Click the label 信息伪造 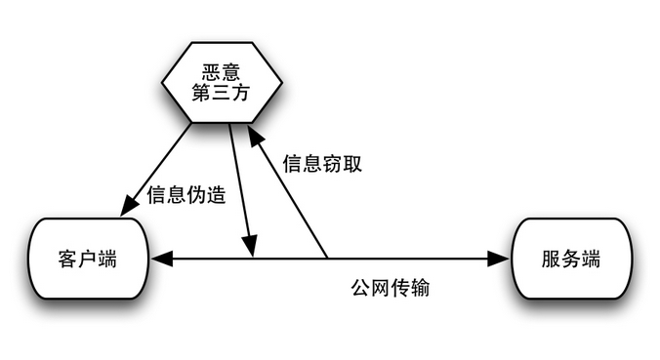click(x=186, y=195)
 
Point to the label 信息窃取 click(x=322, y=164)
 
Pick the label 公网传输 click(x=391, y=289)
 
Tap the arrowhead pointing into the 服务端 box click(x=499, y=259)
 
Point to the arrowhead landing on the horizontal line click(x=250, y=247)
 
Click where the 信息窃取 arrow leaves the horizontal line click(x=326, y=259)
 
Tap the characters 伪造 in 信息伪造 click(x=205, y=195)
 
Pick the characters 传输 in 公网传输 click(x=410, y=289)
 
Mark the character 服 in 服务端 click(x=550, y=260)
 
